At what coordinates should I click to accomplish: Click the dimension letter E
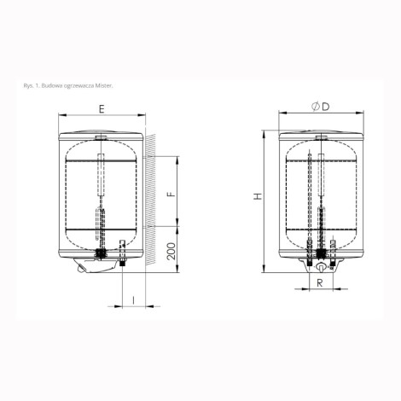[102, 109]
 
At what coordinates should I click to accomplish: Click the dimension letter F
[171, 195]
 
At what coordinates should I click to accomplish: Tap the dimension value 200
[171, 251]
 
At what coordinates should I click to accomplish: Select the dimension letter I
[134, 300]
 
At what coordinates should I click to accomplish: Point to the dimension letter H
[258, 196]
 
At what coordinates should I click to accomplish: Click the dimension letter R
[320, 282]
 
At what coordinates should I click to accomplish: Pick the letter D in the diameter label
[326, 107]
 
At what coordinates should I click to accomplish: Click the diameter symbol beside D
[316, 107]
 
